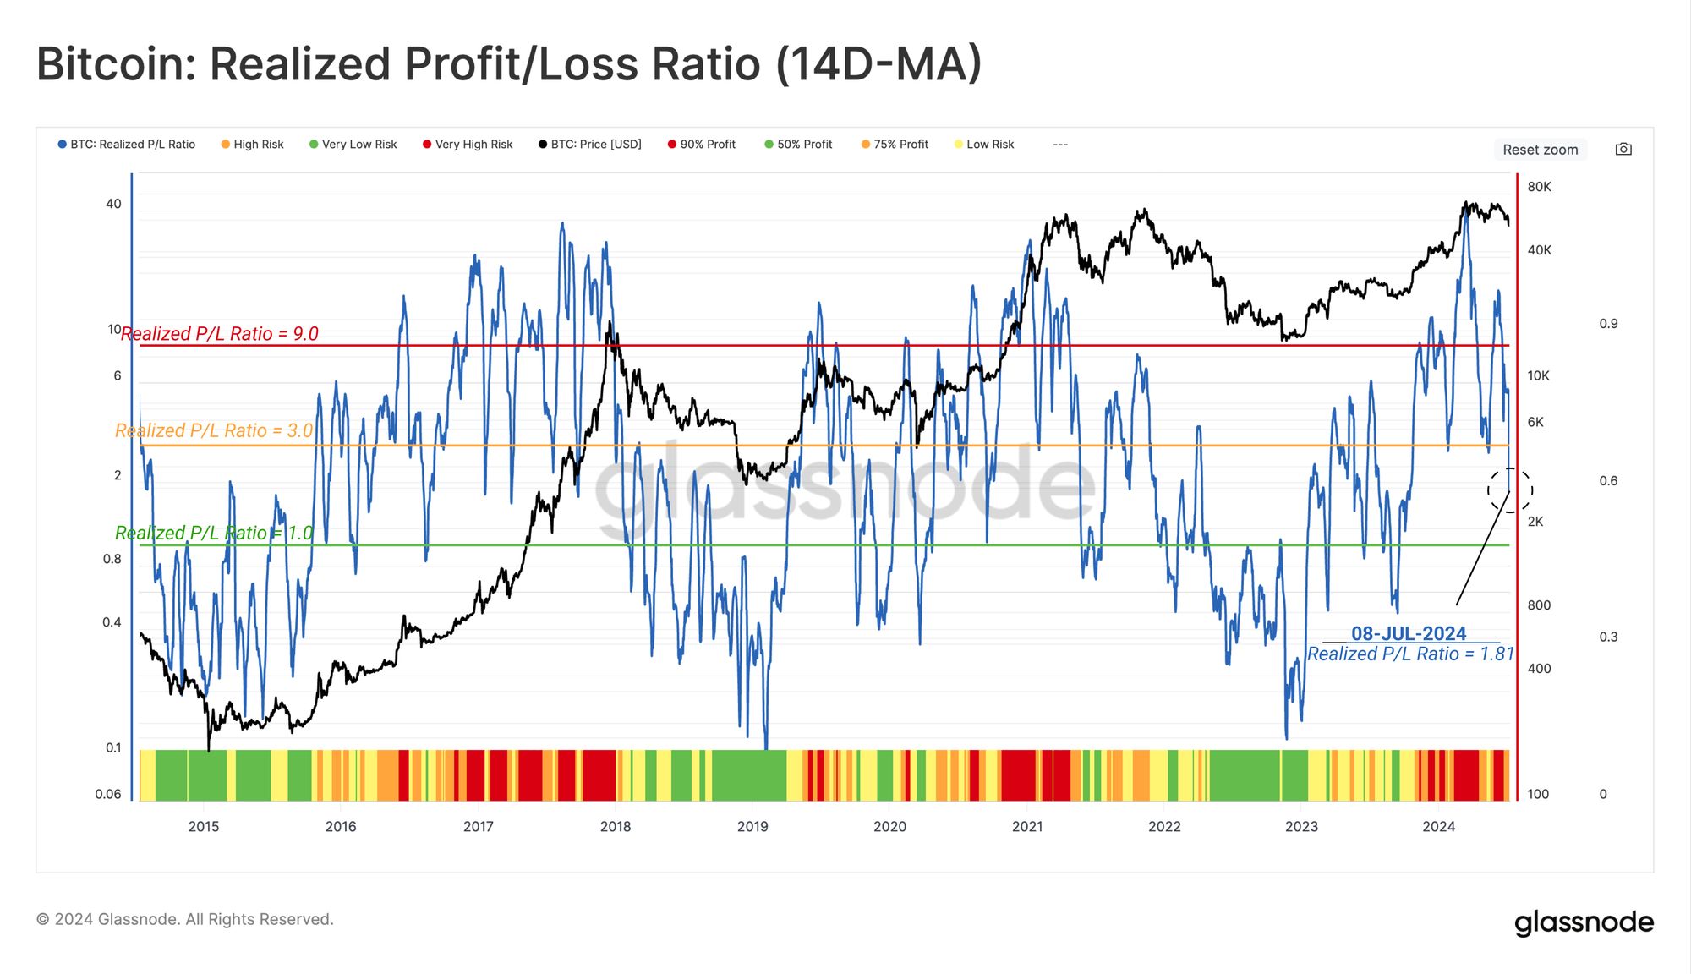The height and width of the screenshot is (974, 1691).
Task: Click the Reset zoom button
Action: pos(1540,150)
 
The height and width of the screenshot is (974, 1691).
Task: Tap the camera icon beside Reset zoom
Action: pos(1623,149)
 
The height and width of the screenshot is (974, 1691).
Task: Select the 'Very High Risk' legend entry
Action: pos(468,145)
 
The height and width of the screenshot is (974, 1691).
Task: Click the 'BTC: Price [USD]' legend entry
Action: pos(590,145)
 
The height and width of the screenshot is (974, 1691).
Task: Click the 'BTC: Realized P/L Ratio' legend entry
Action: pos(127,145)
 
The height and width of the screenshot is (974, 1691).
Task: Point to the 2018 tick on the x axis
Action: pos(616,826)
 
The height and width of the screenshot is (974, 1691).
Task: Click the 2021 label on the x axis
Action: pos(1027,826)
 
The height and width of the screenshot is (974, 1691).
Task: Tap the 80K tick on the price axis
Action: pos(1539,187)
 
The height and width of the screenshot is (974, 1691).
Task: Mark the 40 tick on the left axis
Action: pos(113,204)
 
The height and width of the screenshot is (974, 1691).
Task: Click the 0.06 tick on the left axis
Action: pos(108,794)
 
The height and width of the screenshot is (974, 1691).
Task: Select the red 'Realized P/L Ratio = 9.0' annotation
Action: pos(220,334)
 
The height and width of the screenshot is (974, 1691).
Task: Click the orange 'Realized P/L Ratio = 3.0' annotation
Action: pos(214,431)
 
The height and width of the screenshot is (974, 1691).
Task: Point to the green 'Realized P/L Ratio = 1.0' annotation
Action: pos(214,534)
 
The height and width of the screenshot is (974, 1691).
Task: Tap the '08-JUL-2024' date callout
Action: pos(1409,633)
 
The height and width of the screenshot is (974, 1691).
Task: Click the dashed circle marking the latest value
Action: pos(1510,490)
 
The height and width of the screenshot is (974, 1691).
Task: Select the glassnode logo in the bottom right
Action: pos(1584,922)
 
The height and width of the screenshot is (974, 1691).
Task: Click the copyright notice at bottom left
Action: pos(185,919)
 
